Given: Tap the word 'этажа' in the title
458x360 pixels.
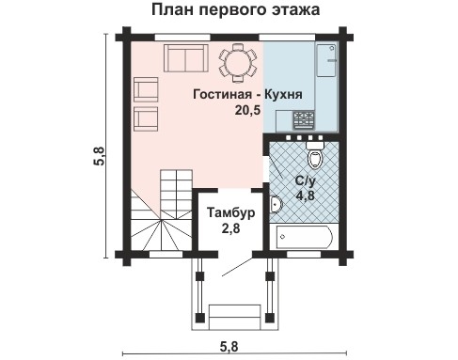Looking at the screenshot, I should [291, 11].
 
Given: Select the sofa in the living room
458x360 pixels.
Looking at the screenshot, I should [184, 60].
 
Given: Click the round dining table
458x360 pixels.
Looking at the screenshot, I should [236, 63].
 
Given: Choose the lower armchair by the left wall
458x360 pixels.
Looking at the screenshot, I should [147, 118].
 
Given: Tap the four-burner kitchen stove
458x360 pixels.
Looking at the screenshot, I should [305, 119].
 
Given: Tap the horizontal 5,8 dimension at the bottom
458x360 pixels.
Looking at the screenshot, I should [230, 347].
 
